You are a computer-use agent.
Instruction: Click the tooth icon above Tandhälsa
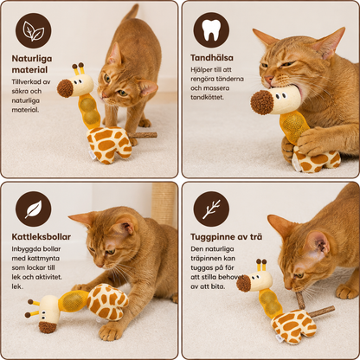(211, 30)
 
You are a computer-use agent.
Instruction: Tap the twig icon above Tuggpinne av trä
(211, 209)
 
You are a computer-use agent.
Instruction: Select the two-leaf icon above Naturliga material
(34, 30)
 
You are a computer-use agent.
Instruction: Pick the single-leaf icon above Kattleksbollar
(34, 209)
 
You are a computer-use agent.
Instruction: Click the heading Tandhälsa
(212, 58)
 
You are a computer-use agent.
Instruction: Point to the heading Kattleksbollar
(41, 237)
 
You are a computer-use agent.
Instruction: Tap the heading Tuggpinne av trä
(227, 237)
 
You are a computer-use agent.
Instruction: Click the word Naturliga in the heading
(32, 59)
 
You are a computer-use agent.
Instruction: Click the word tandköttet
(207, 98)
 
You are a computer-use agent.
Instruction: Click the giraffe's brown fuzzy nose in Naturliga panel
(65, 88)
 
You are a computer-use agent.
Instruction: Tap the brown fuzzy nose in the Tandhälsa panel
(262, 102)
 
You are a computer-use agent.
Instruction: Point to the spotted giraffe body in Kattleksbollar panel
(107, 301)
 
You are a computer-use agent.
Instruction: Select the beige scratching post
(164, 204)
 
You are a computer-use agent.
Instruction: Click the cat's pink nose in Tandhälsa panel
(269, 79)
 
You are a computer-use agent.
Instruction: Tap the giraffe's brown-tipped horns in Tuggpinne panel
(261, 265)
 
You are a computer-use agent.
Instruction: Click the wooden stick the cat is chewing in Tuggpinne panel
(300, 300)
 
